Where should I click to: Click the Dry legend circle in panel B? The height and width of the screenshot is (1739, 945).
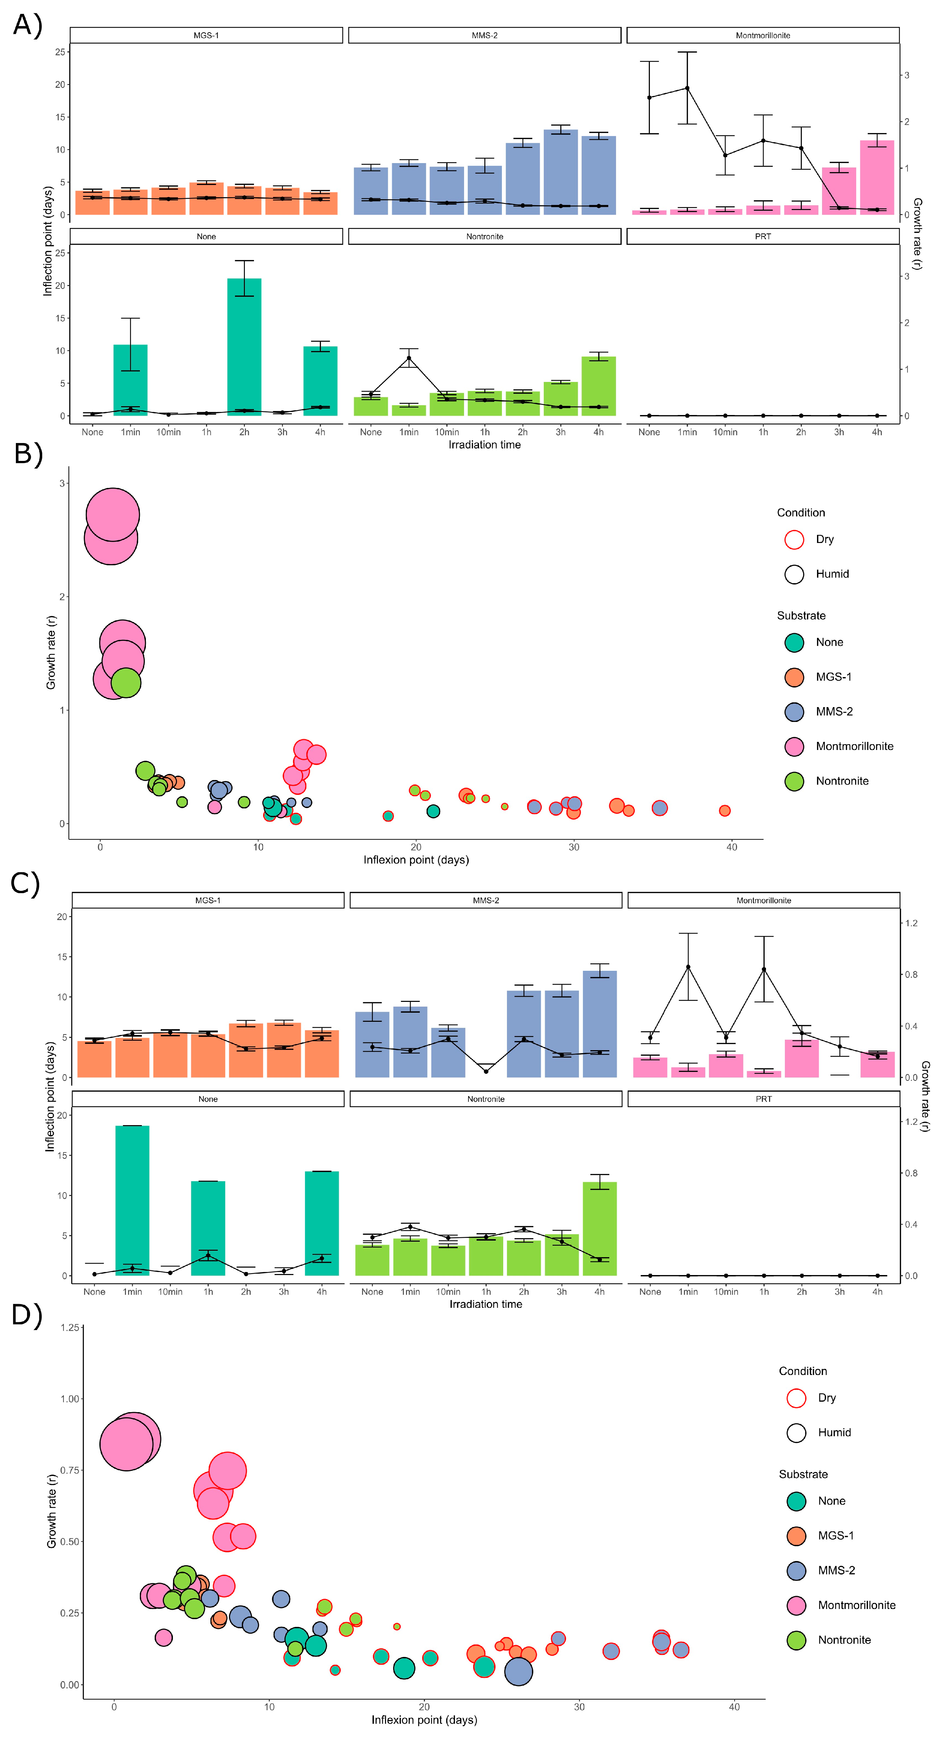click(794, 539)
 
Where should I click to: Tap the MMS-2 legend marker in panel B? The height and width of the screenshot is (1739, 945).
click(794, 711)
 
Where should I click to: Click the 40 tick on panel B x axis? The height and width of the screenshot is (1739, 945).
click(732, 847)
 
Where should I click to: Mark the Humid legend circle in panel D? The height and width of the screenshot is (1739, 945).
click(796, 1432)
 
